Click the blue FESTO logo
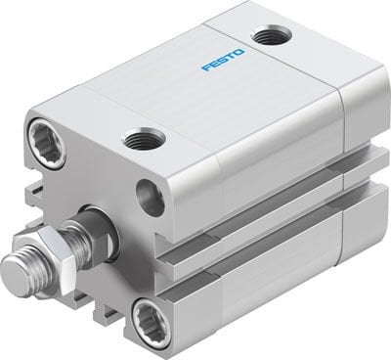[x=224, y=71]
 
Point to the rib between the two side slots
[x=264, y=226]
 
